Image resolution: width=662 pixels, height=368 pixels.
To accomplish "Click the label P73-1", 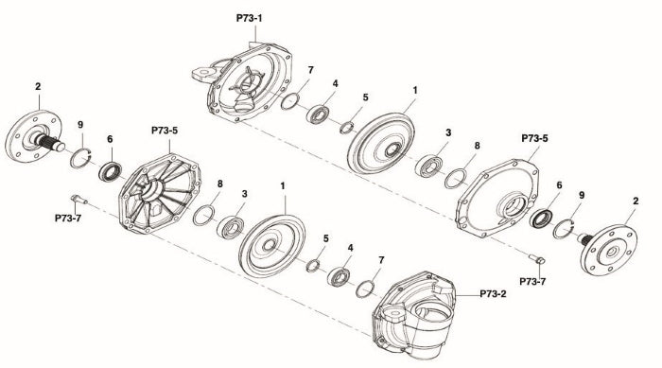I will coord(251,18).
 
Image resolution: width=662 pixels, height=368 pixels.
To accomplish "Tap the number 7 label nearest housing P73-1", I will coord(309,71).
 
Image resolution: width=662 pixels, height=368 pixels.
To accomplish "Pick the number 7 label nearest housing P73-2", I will coord(380,258).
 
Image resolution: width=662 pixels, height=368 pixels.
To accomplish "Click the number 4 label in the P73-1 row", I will coord(335,83).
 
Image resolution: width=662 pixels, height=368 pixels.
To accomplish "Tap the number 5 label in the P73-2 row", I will coord(326,238).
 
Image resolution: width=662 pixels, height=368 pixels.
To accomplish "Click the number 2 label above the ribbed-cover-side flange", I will coord(38,86).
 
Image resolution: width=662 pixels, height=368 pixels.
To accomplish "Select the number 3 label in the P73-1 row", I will coord(448,132).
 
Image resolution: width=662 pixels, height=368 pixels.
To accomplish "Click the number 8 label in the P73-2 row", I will coord(219,184).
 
